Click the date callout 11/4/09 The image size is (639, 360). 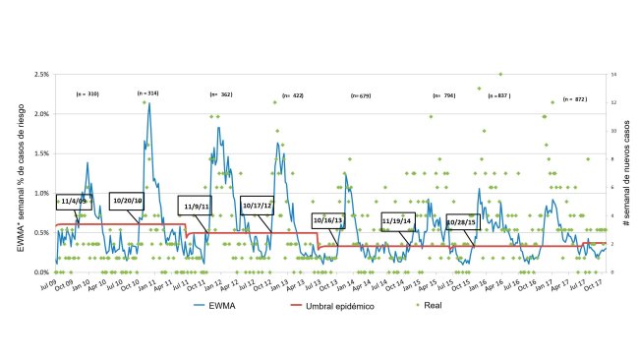point(73,201)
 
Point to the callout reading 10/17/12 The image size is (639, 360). point(258,206)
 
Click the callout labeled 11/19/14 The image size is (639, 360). point(396,221)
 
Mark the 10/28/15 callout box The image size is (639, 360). point(462,222)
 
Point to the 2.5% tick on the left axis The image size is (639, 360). point(41,74)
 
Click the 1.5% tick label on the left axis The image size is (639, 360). point(41,153)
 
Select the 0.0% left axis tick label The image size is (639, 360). point(41,272)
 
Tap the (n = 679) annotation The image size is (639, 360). point(361,95)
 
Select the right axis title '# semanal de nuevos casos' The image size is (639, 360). point(627,173)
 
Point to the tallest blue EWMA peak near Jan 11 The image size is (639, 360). point(148,103)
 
